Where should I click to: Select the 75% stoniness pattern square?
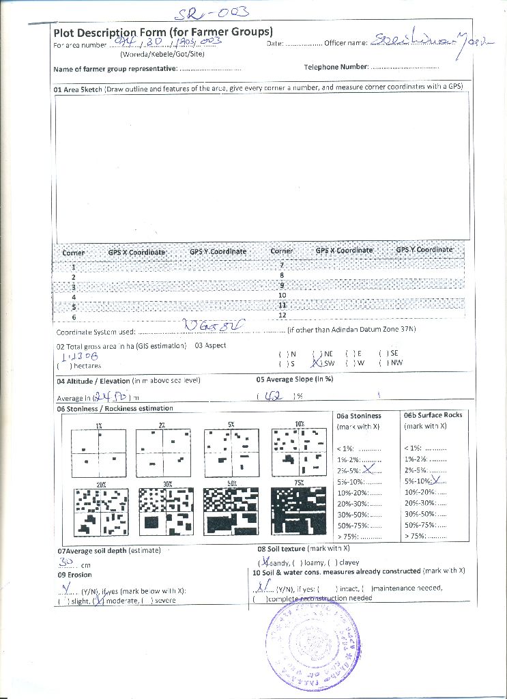click(x=298, y=511)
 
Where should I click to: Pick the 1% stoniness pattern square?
click(x=99, y=453)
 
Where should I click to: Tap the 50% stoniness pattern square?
click(x=231, y=511)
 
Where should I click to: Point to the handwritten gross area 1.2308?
click(x=81, y=356)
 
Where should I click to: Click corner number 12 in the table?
click(x=282, y=315)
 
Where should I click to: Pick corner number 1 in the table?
click(x=74, y=267)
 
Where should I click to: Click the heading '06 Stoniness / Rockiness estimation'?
click(x=115, y=408)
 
